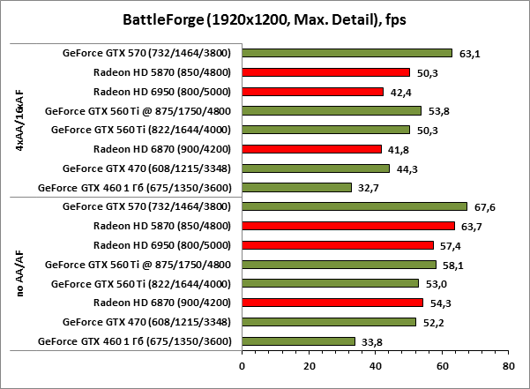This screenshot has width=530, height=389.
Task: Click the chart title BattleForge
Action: tap(265, 19)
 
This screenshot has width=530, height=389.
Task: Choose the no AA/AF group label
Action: tap(20, 273)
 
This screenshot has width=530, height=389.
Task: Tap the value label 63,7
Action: tap(474, 226)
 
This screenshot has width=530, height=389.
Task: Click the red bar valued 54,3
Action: tap(332, 303)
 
